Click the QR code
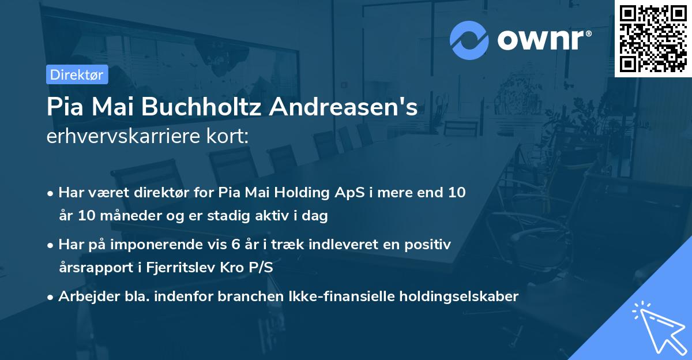[x=653, y=38]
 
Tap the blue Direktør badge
[x=77, y=74]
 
